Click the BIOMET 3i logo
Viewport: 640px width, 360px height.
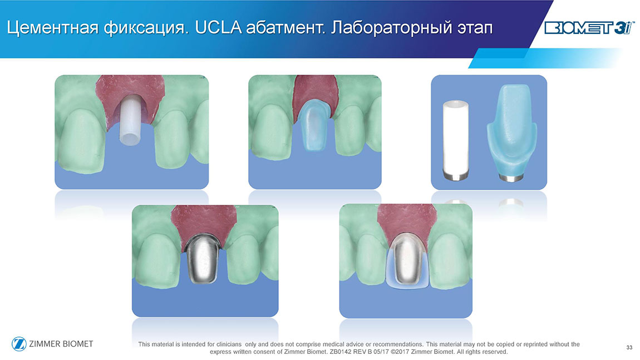coord(589,28)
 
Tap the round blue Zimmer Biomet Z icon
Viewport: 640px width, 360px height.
coord(19,344)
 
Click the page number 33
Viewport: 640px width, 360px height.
coord(629,347)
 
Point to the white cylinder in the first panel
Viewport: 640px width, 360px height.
coord(131,120)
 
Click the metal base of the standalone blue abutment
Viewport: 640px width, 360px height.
coord(511,178)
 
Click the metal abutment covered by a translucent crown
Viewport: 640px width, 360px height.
coord(406,260)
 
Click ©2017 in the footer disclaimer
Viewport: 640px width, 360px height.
coord(400,352)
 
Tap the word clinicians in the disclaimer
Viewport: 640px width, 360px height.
coord(229,344)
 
